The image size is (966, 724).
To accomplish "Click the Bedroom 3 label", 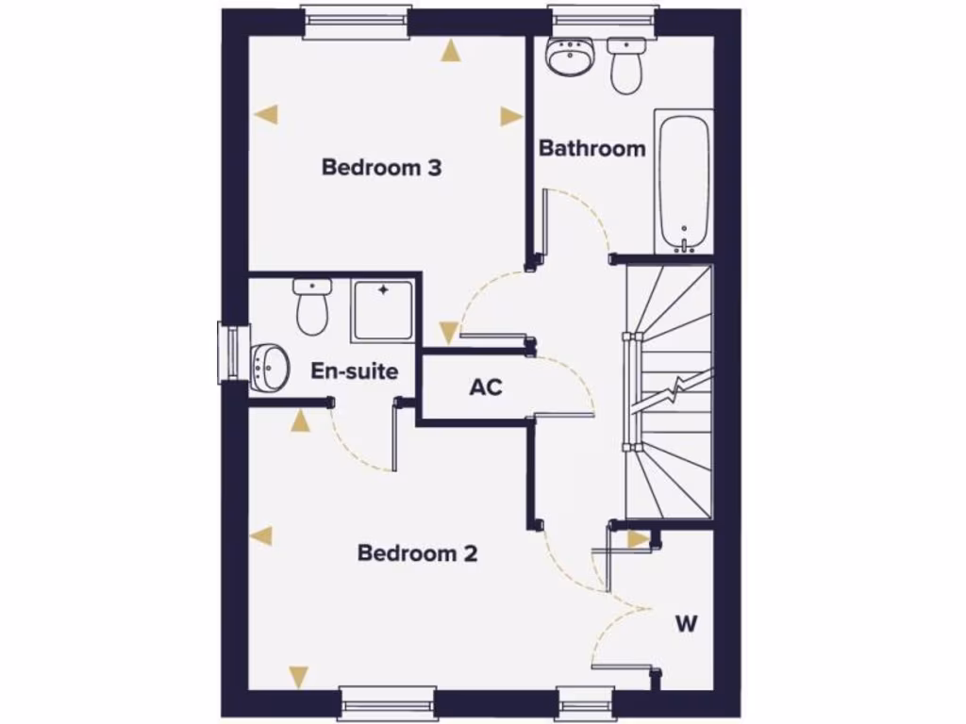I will pos(381,168).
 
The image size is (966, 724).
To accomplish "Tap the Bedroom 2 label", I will pos(417,553).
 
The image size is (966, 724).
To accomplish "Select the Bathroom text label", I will pos(592,148).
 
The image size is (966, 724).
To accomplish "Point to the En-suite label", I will pos(354,371).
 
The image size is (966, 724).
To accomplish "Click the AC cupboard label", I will pos(485,387).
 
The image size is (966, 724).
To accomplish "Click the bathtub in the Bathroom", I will pos(683,182).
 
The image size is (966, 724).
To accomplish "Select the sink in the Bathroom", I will pos(570,58).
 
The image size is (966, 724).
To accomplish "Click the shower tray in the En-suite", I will pos(382,311).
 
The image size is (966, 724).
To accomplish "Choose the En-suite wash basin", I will pos(271,363).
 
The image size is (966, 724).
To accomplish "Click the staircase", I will pos(669,391).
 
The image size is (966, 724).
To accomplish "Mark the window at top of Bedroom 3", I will pos(357,21).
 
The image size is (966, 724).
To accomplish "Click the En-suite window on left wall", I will pos(230,354).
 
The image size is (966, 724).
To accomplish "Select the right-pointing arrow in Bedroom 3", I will pos(511,117).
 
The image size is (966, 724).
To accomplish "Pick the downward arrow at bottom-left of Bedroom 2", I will pos(299,675).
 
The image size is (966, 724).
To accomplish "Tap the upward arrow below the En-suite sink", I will pos(300,420).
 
